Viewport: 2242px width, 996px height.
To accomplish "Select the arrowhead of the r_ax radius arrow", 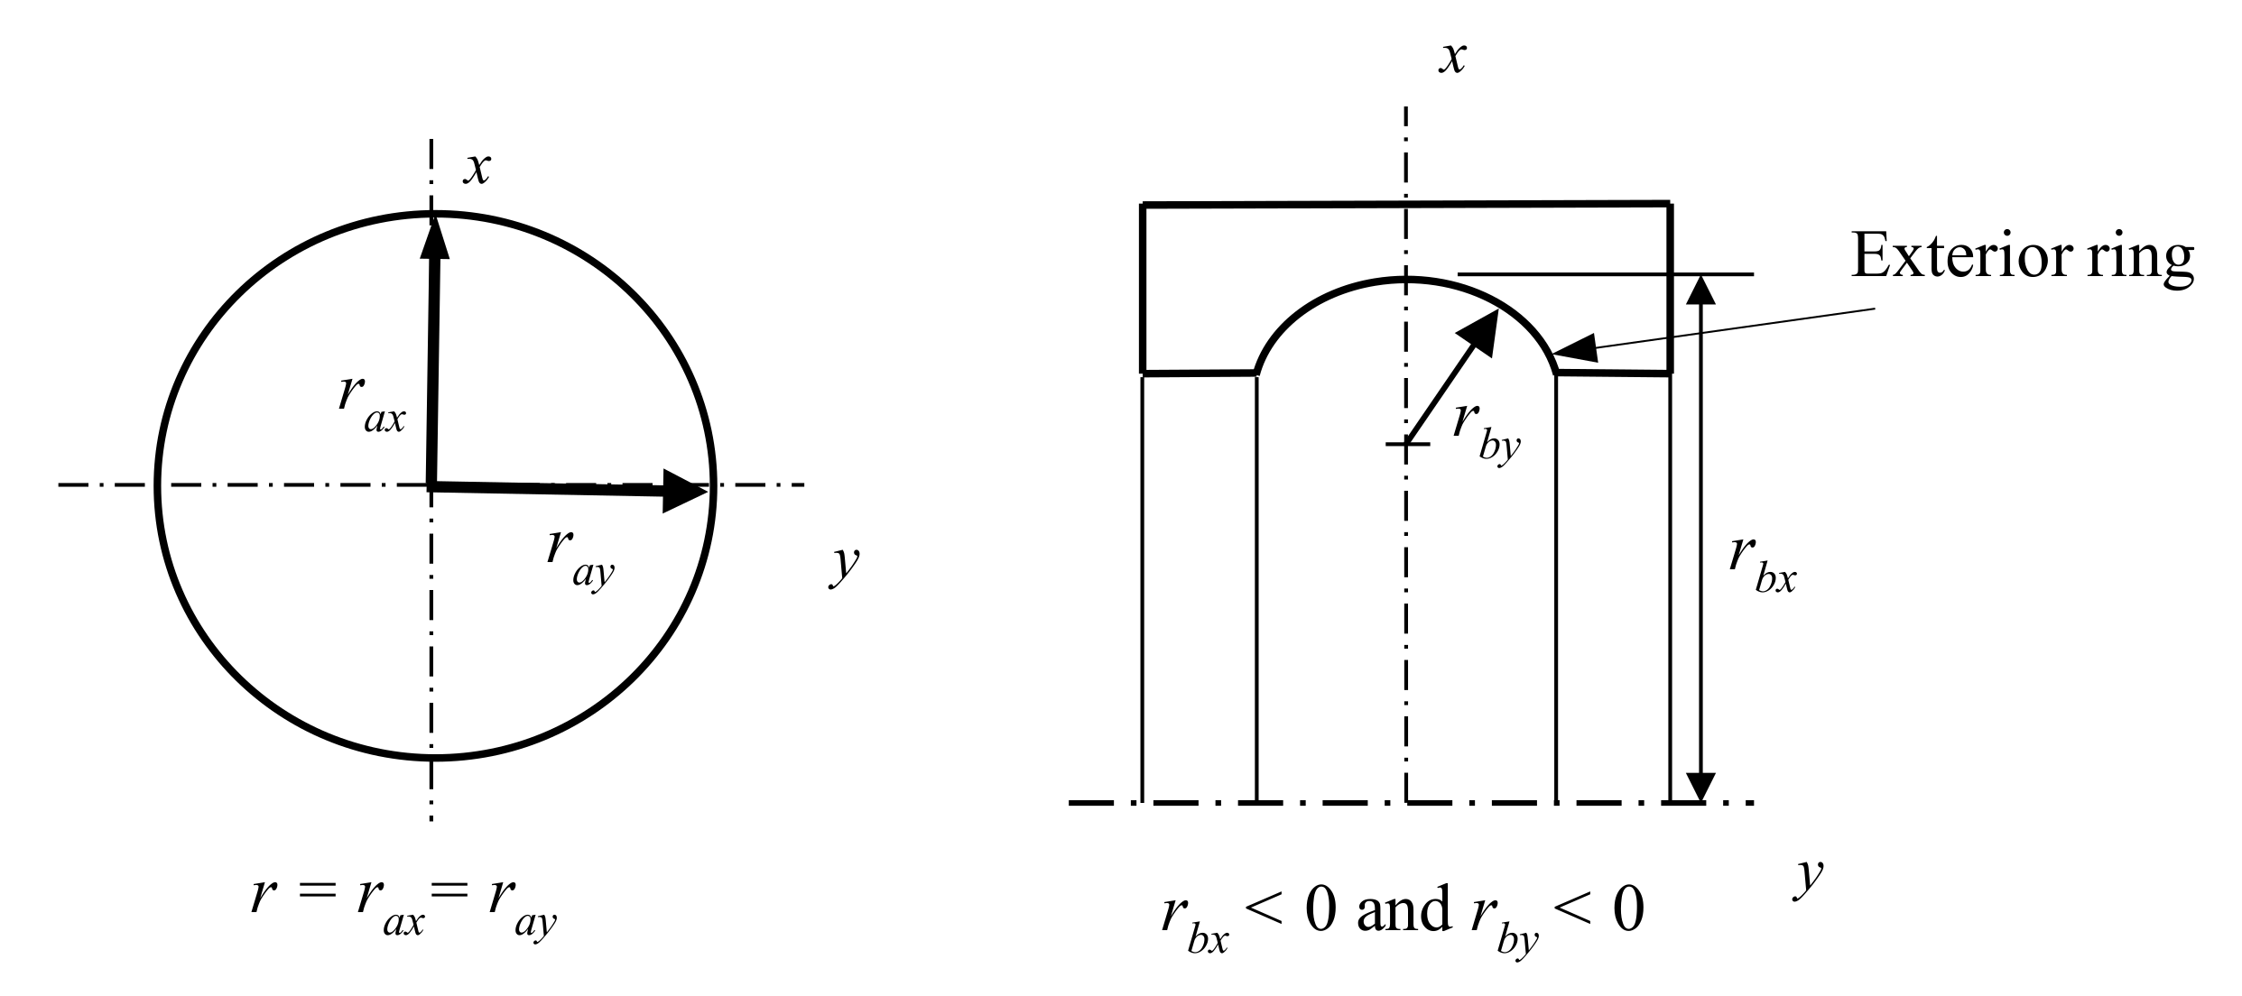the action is (434, 236).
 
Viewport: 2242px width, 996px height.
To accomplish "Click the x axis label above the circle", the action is (476, 169).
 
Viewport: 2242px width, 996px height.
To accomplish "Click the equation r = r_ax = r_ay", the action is (404, 912).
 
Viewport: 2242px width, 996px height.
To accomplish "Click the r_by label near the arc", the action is (1486, 432).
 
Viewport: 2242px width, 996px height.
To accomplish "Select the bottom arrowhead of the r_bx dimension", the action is (1700, 785).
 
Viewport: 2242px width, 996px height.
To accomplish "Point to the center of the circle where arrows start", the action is (432, 485).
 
